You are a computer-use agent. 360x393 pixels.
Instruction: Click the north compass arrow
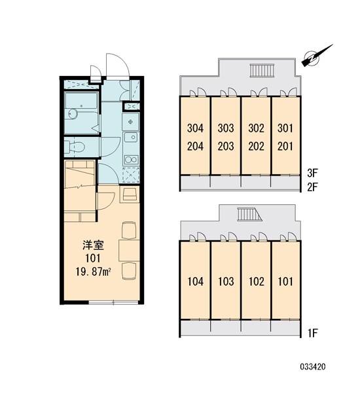tap(317, 57)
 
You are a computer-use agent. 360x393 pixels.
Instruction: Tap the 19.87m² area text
tap(93, 271)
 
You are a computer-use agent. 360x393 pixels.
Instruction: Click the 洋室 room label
tap(93, 246)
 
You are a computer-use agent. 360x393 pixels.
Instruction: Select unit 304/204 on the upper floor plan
tap(194, 136)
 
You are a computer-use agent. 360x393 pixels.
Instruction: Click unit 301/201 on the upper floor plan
tap(286, 136)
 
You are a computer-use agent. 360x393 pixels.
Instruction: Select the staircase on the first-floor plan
tap(247, 215)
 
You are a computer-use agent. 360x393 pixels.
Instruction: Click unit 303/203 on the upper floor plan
tap(225, 136)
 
